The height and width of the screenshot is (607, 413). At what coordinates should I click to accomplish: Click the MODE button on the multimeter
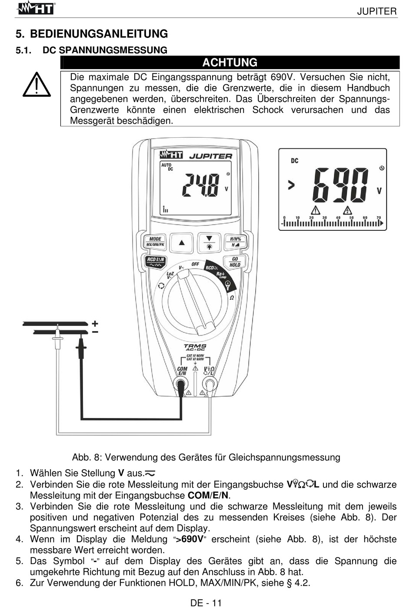pyautogui.click(x=155, y=242)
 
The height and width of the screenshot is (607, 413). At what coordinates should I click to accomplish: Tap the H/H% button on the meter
pyautogui.click(x=235, y=242)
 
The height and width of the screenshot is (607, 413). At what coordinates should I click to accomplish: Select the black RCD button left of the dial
pyautogui.click(x=155, y=262)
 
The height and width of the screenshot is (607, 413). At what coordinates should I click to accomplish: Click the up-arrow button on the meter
pyautogui.click(x=182, y=242)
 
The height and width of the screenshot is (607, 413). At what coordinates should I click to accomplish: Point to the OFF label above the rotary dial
pyautogui.click(x=195, y=264)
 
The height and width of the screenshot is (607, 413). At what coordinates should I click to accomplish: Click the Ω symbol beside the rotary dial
pyautogui.click(x=232, y=298)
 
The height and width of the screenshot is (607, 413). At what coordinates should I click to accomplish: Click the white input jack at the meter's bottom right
pyautogui.click(x=210, y=384)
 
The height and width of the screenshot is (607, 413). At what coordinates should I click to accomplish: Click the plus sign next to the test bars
pyautogui.click(x=95, y=323)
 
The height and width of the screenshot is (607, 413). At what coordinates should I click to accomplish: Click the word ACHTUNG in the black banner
pyautogui.click(x=230, y=63)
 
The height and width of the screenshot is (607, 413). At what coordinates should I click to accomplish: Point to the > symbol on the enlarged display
pyautogui.click(x=291, y=185)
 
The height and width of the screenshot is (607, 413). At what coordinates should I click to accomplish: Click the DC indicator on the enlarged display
pyautogui.click(x=294, y=161)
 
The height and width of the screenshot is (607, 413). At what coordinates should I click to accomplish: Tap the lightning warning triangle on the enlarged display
pyautogui.click(x=347, y=211)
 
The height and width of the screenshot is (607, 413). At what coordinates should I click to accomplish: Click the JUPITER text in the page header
pyautogui.click(x=376, y=11)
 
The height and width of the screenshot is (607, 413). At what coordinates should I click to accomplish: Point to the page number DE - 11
pyautogui.click(x=206, y=602)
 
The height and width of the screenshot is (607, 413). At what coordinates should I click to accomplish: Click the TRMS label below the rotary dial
pyautogui.click(x=195, y=347)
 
